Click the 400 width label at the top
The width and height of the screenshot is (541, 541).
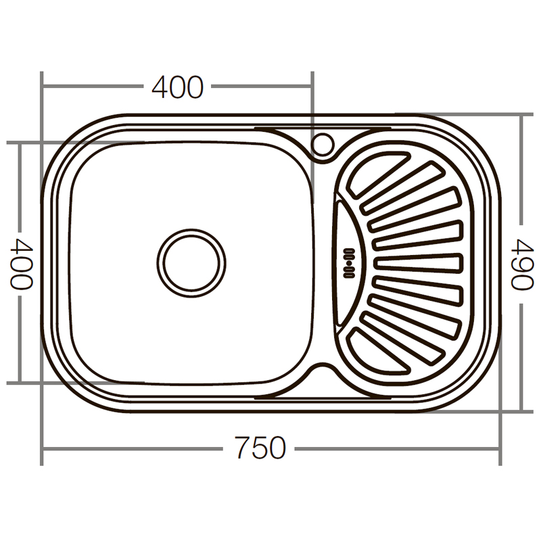[x=177, y=87]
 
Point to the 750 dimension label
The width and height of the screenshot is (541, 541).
[x=260, y=448]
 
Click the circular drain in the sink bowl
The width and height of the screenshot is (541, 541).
[x=191, y=262]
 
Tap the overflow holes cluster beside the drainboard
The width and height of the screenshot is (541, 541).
[x=350, y=263]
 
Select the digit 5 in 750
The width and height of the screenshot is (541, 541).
[x=260, y=448]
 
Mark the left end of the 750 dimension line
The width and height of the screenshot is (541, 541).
[x=42, y=448]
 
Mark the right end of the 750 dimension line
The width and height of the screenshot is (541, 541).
[x=500, y=448]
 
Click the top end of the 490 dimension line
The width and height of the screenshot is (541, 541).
[x=521, y=115]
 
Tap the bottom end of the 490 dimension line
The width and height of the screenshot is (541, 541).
[x=521, y=410]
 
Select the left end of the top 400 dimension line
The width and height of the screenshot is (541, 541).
[x=42, y=87]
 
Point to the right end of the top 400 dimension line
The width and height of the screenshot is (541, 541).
[x=312, y=87]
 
